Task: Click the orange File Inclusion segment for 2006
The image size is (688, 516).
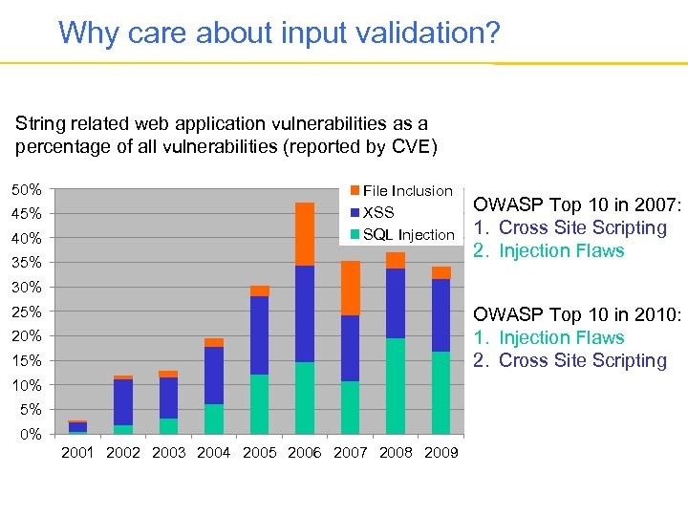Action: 305,234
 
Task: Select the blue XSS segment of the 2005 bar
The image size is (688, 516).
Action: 259,334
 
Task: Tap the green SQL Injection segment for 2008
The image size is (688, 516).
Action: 396,386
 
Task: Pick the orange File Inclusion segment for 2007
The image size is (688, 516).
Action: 351,288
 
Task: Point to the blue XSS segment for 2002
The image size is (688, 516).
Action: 122,401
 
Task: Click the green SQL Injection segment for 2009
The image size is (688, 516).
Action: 441,393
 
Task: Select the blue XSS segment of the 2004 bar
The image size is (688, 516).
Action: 214,375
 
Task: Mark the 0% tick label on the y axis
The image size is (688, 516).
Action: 31,434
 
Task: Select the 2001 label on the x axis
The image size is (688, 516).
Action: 77,452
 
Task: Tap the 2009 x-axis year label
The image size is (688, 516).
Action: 441,452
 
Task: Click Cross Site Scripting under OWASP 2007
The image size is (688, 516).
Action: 582,227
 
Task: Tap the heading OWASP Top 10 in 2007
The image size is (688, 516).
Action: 577,204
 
